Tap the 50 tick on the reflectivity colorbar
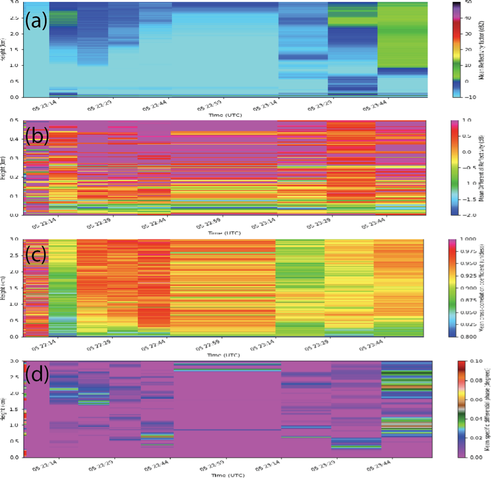(468, 3)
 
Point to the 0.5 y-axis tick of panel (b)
(17, 120)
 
